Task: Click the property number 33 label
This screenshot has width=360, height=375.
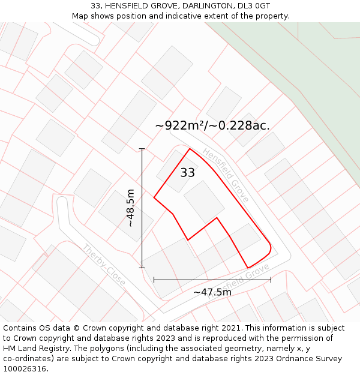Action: coord(187,173)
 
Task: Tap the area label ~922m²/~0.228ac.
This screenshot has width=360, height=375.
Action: coord(212,125)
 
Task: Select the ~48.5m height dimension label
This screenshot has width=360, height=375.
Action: coord(131,208)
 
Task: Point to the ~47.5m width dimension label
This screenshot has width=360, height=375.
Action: coord(212,292)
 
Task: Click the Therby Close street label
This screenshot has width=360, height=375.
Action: coord(104,265)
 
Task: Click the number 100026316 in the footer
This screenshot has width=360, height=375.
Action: coord(25,369)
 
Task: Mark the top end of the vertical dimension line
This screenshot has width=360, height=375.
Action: coord(142,148)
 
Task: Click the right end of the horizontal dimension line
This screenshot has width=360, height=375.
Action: coord(271,279)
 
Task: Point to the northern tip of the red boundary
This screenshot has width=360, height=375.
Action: coord(190,149)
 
